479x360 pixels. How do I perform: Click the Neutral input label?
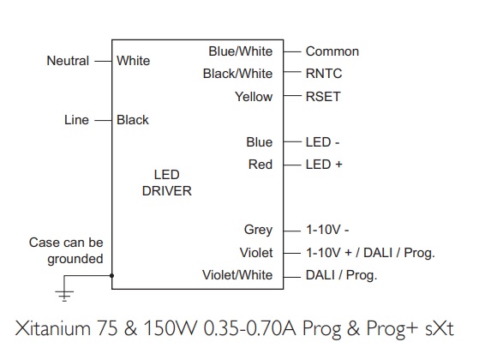(68, 61)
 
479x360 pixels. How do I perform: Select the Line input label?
(76, 119)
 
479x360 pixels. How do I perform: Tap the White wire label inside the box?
(133, 61)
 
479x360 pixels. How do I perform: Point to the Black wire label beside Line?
(133, 120)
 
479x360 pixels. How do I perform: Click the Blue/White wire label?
(241, 51)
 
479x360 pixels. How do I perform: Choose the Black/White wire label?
(237, 74)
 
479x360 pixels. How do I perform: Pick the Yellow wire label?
(254, 97)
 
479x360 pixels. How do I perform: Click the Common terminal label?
(332, 51)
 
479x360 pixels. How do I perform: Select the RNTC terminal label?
(324, 74)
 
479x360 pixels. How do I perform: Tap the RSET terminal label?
(323, 97)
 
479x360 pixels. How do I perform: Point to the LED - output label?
(322, 142)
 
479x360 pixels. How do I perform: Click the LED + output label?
(324, 165)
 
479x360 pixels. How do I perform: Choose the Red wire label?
(260, 165)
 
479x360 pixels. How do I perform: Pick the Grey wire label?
(258, 230)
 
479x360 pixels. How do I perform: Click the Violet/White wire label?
(237, 275)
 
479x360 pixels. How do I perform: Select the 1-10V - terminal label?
(327, 230)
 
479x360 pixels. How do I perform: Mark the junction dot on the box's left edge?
(111, 276)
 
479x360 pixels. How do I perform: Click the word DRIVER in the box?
(167, 191)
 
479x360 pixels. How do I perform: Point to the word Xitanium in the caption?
(53, 328)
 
